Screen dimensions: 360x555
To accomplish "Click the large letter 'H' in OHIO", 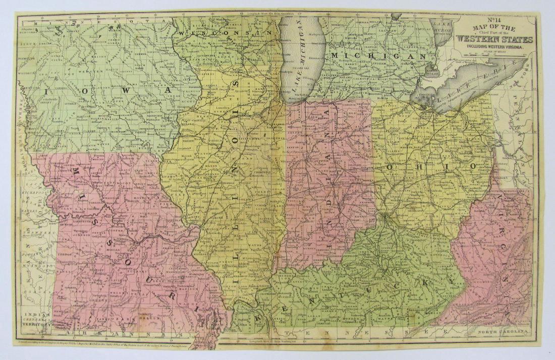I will point(417,166).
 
